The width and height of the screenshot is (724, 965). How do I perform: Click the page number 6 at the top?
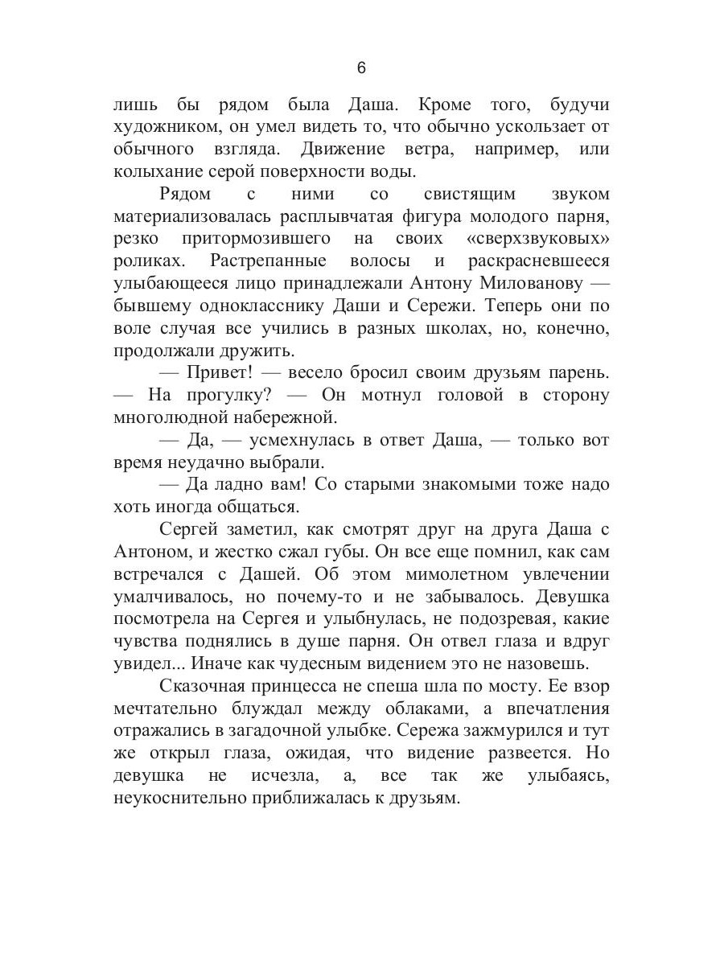(361, 68)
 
